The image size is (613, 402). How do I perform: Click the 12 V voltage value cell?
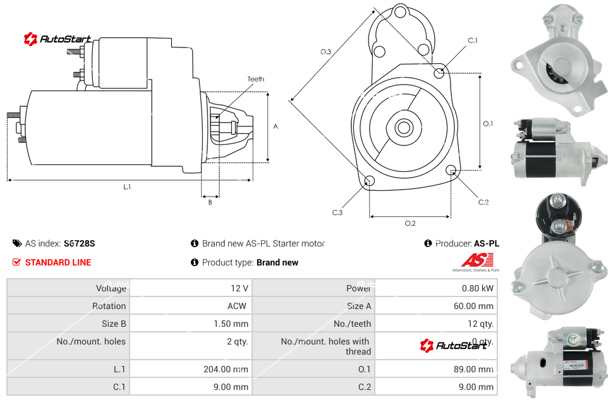coord(239,288)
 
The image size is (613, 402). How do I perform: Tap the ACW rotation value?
coord(237,306)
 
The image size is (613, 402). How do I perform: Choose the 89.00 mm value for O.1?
coord(475,369)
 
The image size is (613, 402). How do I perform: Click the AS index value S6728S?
coord(79,243)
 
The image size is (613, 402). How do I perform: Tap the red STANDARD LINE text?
coord(58,262)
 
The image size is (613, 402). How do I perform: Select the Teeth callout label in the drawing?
coord(256,79)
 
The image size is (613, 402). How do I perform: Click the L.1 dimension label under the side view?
coord(127,186)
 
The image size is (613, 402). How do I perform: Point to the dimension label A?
coord(276,126)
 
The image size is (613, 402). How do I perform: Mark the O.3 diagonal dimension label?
coord(325,52)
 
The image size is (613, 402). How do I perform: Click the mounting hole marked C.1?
coord(439,73)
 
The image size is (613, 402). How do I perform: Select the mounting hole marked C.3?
coord(370,182)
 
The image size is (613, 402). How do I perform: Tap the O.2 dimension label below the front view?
coord(410,223)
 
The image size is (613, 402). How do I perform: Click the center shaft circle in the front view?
coord(403,128)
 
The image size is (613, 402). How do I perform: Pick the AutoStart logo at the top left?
coord(58,39)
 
